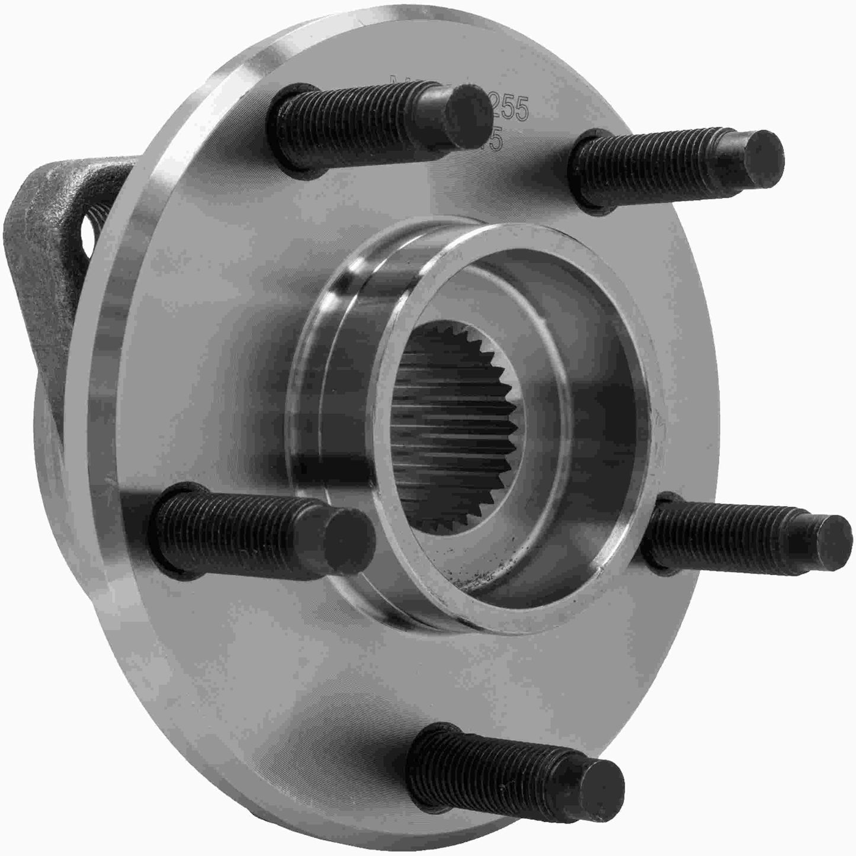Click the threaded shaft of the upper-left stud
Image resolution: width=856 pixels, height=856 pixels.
point(361,118)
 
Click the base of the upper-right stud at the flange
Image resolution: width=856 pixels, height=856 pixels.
point(584,172)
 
